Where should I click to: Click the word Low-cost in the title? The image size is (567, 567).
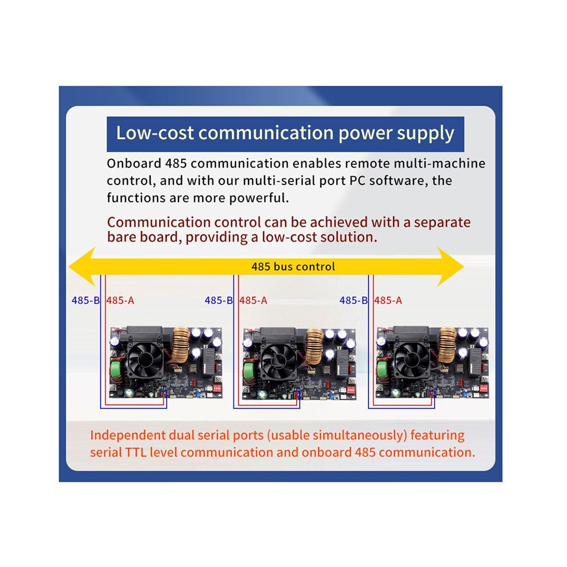coord(155,133)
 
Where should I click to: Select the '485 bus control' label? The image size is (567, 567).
coord(293,266)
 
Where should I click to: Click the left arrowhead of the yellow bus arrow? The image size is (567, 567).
coord(82,267)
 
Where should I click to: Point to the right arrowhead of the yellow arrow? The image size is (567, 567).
coord(450,267)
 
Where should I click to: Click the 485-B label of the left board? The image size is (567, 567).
coord(85,300)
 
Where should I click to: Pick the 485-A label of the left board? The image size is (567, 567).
coord(120,300)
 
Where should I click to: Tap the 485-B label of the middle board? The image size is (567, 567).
coord(218,300)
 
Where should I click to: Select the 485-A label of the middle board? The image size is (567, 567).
coord(253,300)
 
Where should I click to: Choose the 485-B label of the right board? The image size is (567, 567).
coord(353,300)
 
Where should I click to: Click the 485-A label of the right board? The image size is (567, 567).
coord(388,300)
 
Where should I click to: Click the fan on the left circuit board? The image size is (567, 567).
coord(145,359)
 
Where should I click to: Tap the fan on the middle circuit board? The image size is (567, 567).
coord(279,360)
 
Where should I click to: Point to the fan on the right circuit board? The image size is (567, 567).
coord(413,359)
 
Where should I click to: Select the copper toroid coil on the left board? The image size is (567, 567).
coord(180,345)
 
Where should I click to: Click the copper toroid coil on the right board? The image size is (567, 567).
coord(447,345)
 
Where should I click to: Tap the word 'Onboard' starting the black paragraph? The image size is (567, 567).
coord(134,163)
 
